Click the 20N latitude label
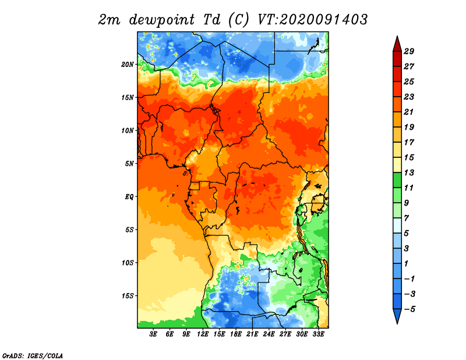point(128,65)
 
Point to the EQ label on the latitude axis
point(129,197)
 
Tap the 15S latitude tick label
point(128,296)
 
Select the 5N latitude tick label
point(129,164)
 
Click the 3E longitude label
point(153,334)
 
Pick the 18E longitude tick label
point(236,334)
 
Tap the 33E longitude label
point(318,334)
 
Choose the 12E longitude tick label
point(203,334)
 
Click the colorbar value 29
point(409,51)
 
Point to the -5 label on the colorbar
point(409,309)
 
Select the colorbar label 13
point(409,172)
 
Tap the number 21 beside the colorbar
point(409,112)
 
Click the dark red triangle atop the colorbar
point(397,45)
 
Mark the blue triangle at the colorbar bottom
point(397,315)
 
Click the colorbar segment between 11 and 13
point(397,180)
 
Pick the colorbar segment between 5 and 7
point(397,225)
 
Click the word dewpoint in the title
point(162,20)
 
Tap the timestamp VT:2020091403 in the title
point(312,20)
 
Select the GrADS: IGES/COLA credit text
point(33,356)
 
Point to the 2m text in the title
point(109,20)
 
